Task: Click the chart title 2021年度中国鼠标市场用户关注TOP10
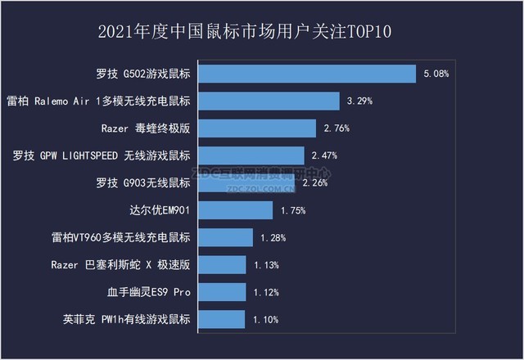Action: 262,32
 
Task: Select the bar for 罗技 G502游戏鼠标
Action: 308,74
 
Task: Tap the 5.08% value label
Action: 436,74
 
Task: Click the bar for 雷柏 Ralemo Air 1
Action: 269,101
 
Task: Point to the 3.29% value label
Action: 359,101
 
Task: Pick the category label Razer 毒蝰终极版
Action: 146,128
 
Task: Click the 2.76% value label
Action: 336,128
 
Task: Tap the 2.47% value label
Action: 324,155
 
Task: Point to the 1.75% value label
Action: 292,210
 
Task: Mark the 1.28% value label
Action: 273,237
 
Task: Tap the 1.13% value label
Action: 266,264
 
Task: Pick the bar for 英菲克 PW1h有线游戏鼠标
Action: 222,319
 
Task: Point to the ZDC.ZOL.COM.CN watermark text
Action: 260,187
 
